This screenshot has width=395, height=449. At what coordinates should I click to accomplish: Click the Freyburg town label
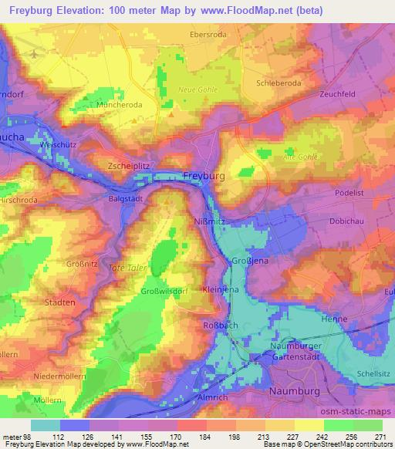click(x=204, y=177)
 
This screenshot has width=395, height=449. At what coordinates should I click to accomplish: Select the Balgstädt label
click(x=124, y=197)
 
